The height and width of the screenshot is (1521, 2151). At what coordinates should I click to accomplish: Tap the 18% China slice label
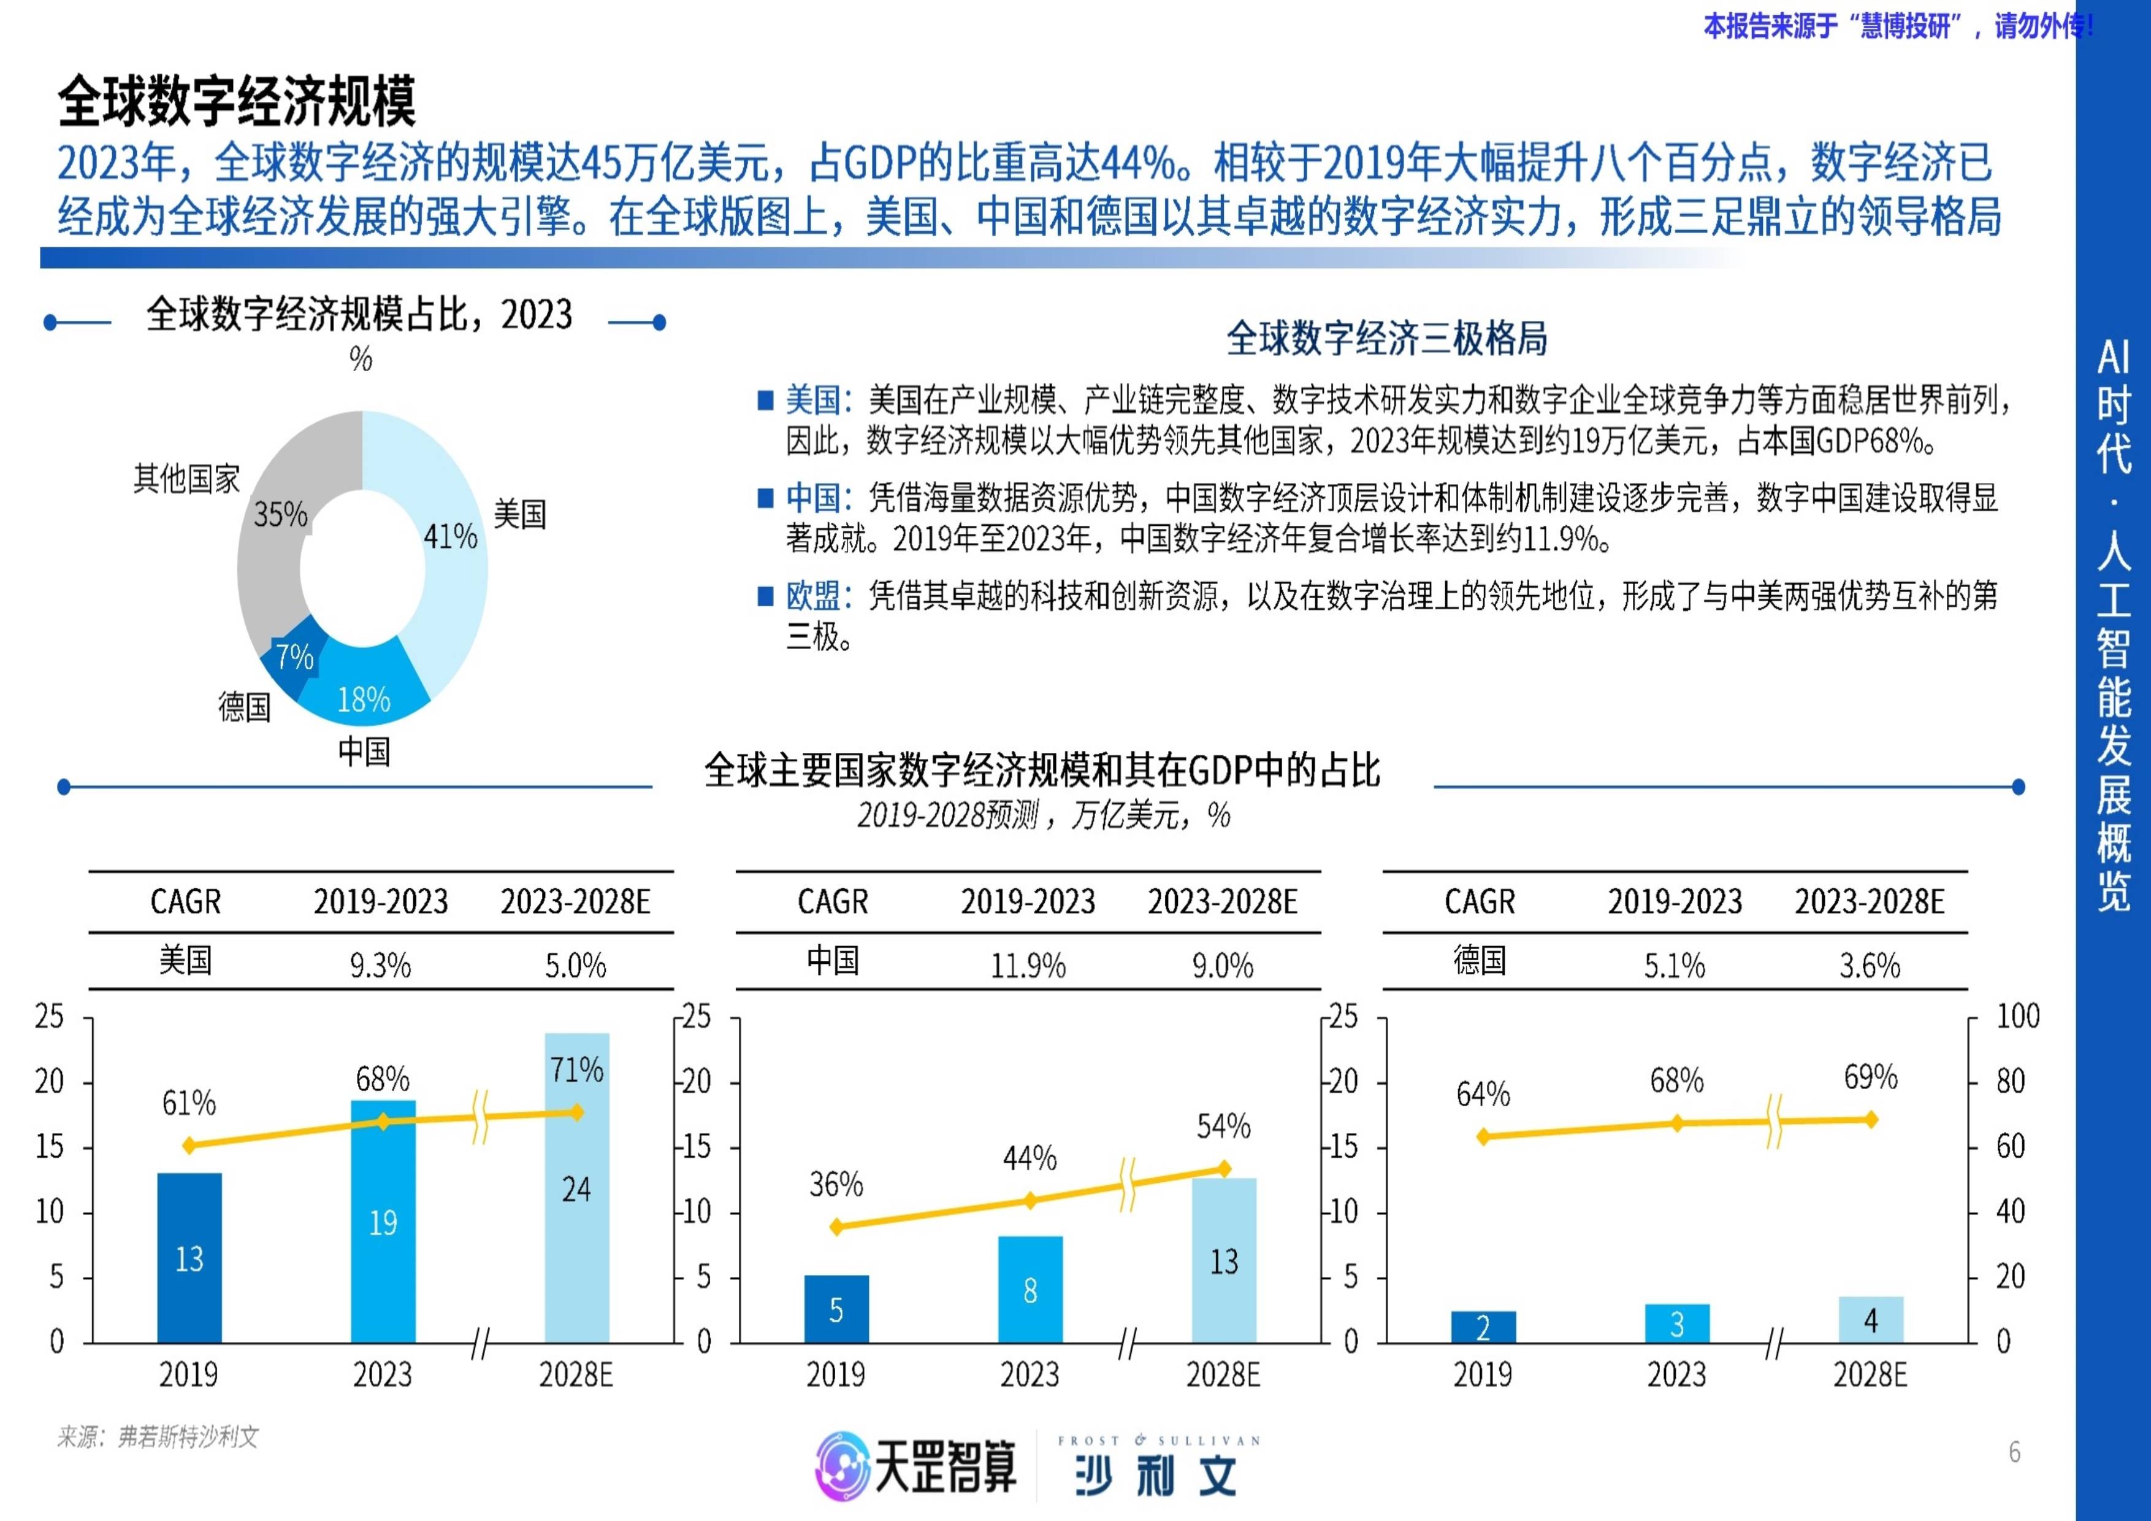point(364,699)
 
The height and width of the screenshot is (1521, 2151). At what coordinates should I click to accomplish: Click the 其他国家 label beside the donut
point(186,479)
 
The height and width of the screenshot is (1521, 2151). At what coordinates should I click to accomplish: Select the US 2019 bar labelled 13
point(189,1258)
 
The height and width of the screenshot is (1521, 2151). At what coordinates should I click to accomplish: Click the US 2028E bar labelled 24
point(576,1188)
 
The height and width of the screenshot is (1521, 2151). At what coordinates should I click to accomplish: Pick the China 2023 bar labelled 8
point(1030,1290)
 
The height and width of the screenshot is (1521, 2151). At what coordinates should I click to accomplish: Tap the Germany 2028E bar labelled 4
point(1870,1320)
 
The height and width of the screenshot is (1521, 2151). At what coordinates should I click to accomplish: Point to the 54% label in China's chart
point(1223,1125)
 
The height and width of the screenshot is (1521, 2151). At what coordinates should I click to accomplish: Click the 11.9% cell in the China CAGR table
point(1028,965)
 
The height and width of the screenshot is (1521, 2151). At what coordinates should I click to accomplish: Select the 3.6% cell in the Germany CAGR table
point(1869,965)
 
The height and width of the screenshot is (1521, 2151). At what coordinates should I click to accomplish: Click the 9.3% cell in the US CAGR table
point(380,965)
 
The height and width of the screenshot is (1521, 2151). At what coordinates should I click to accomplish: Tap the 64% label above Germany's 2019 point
point(1483,1093)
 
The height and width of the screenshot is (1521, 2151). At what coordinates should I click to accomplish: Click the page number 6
point(2014,1452)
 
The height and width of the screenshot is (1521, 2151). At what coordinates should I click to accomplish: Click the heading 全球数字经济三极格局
point(1386,338)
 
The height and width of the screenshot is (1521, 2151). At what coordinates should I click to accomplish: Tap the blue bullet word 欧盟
point(812,595)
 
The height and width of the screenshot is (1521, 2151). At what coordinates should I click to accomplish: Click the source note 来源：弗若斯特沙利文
point(158,1437)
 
